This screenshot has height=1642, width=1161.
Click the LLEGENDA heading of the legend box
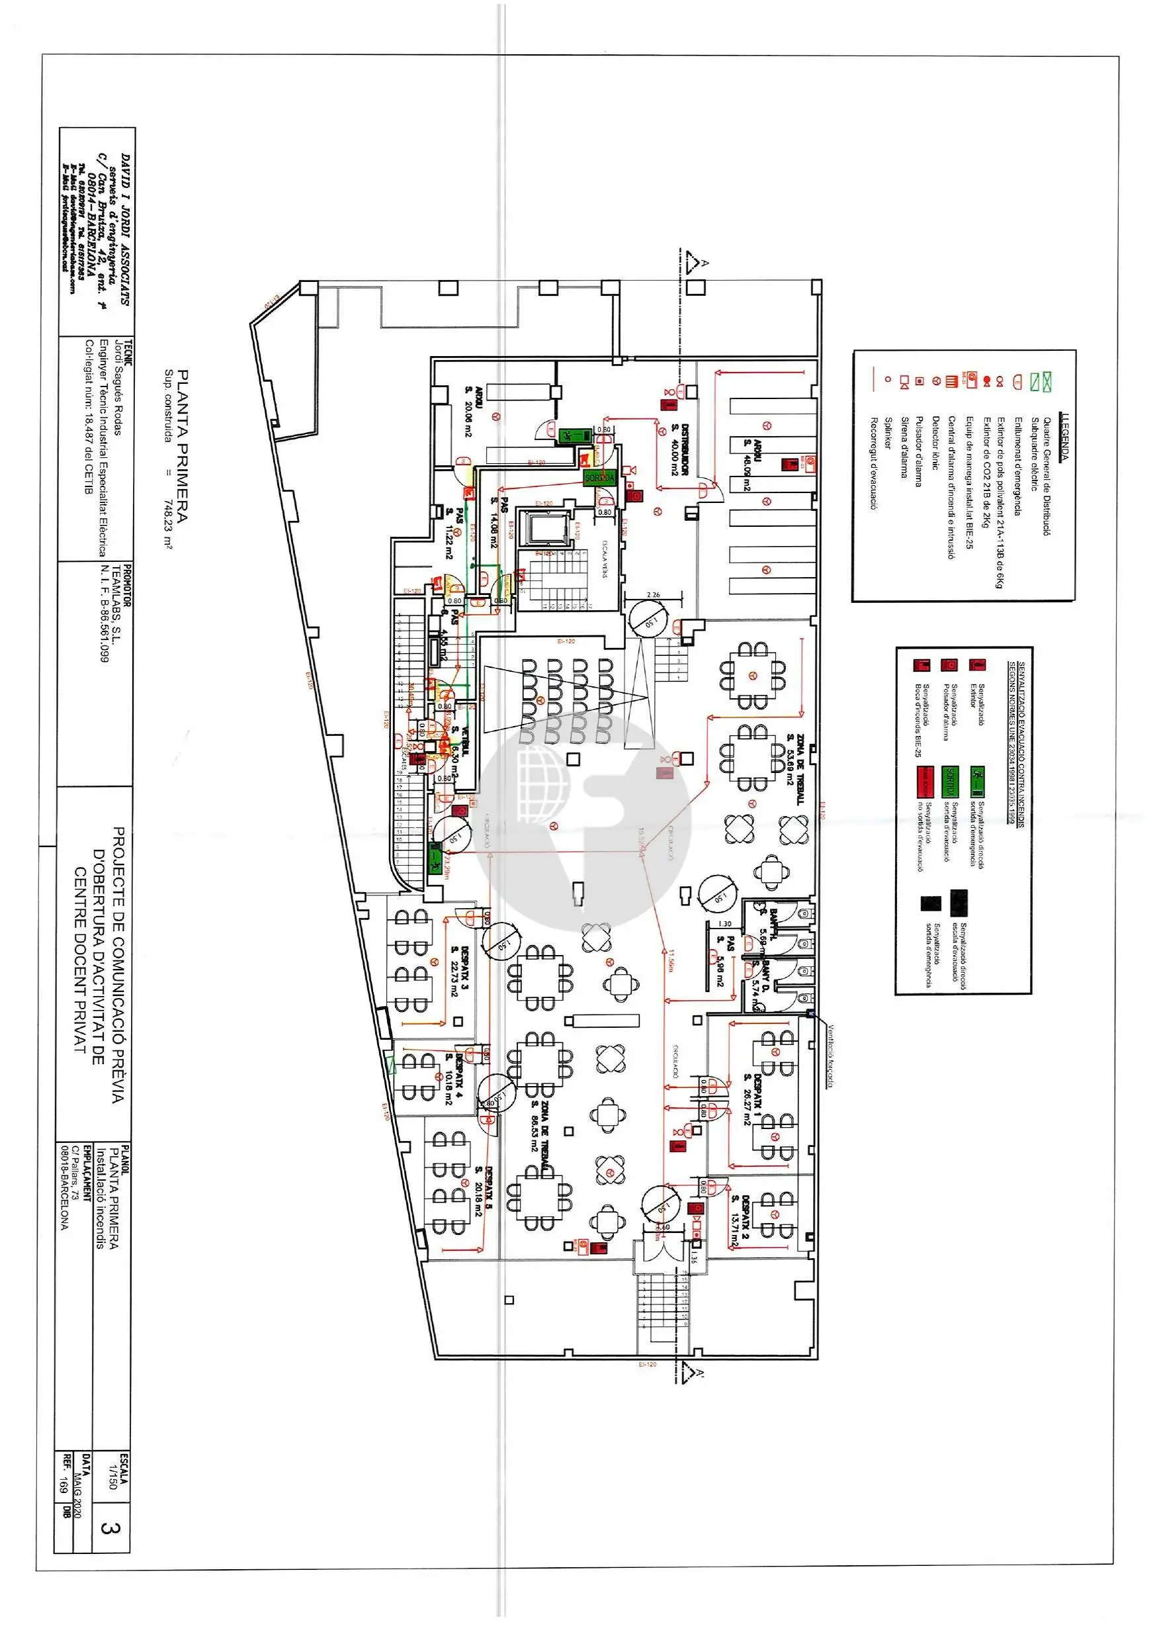click(1065, 437)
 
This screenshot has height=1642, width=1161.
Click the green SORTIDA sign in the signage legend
click(950, 782)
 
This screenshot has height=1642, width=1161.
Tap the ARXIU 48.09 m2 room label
click(752, 464)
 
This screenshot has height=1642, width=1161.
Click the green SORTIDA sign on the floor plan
click(599, 477)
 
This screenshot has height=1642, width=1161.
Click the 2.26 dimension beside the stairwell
click(653, 595)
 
